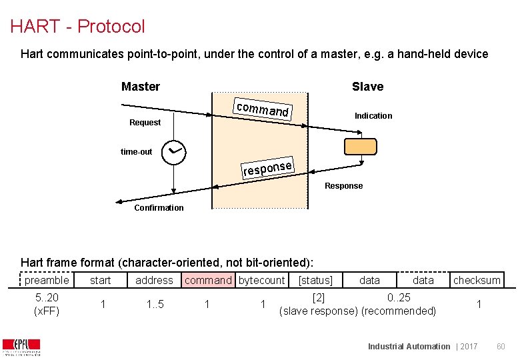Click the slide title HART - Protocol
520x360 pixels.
click(77, 27)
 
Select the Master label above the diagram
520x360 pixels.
click(141, 87)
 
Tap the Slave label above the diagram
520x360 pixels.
click(367, 87)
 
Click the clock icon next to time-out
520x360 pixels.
click(174, 152)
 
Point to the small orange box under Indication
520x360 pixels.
click(361, 147)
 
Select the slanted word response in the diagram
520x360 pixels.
click(267, 168)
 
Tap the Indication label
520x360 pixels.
click(373, 116)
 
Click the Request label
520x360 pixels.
click(145, 123)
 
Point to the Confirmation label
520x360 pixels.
click(159, 208)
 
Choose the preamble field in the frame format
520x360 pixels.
click(47, 281)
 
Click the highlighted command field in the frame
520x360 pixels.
click(208, 281)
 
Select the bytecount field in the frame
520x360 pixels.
click(261, 281)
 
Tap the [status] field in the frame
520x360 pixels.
click(315, 281)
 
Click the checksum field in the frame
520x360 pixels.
click(477, 281)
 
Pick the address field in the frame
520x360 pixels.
click(154, 281)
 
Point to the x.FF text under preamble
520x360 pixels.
click(47, 311)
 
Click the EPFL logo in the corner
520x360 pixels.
click(21, 347)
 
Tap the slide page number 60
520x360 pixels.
click(501, 347)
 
